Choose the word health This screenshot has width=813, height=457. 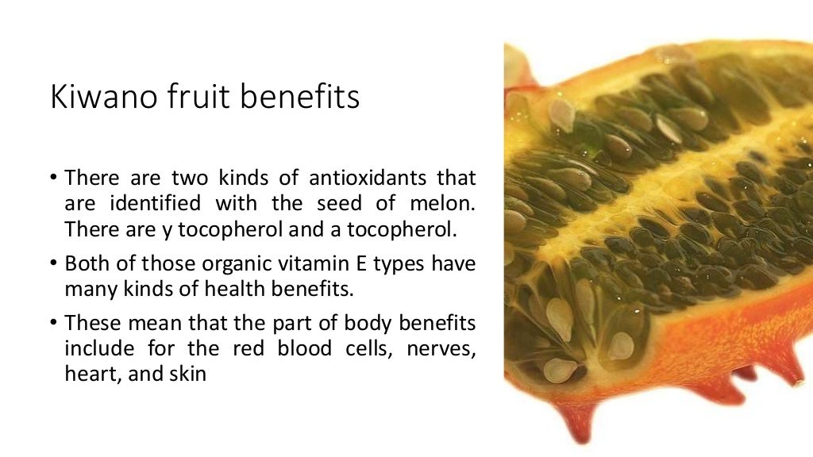point(244,289)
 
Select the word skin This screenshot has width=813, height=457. point(188,374)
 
